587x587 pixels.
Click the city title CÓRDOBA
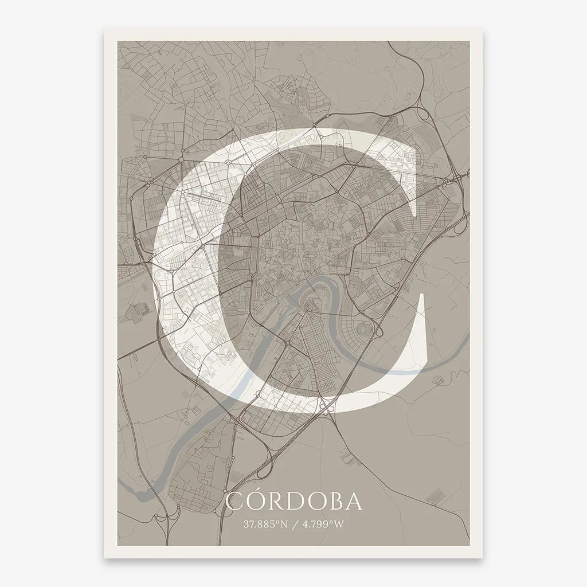pyautogui.click(x=294, y=500)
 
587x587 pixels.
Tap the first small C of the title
pyautogui.click(x=233, y=501)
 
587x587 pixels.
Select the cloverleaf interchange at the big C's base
pyautogui.click(x=327, y=408)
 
